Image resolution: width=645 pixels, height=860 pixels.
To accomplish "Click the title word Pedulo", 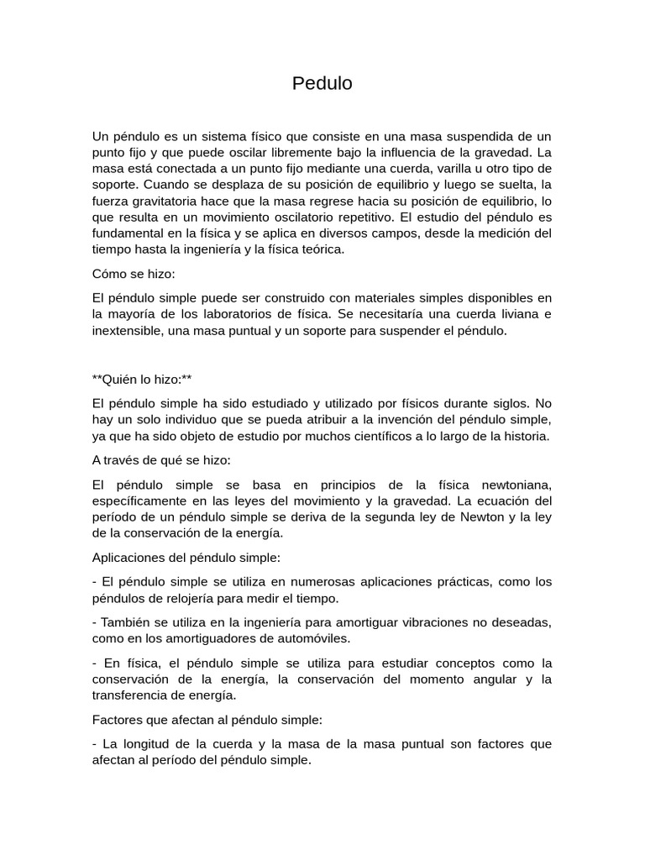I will (322, 84).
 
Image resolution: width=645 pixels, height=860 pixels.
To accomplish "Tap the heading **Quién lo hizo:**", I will (142, 380).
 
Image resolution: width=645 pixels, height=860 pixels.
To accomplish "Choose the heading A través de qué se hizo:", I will (161, 460).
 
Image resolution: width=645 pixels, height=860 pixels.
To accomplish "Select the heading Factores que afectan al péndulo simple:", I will (207, 720).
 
